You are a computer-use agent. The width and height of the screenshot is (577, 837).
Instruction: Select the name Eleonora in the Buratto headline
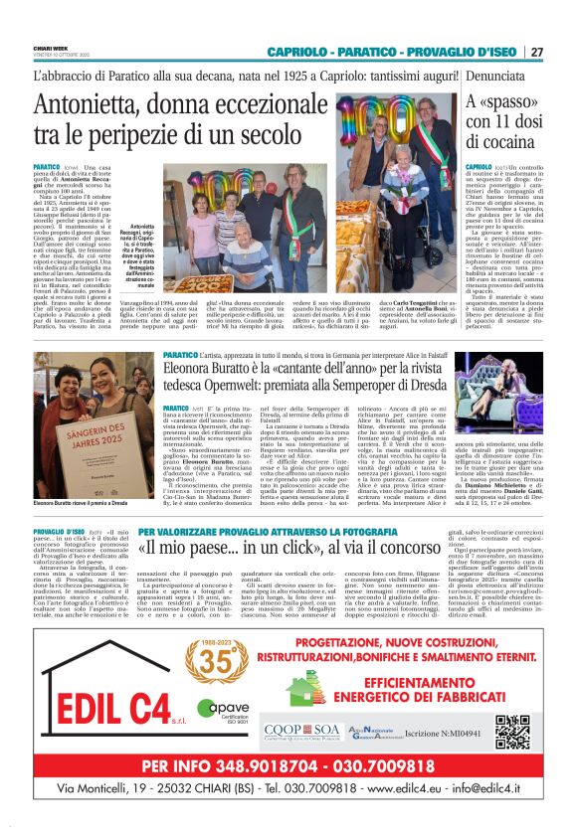[x=198, y=366]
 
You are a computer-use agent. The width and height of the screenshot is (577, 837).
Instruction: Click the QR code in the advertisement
[x=513, y=732]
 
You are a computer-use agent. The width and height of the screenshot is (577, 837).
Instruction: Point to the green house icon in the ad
[x=305, y=692]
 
